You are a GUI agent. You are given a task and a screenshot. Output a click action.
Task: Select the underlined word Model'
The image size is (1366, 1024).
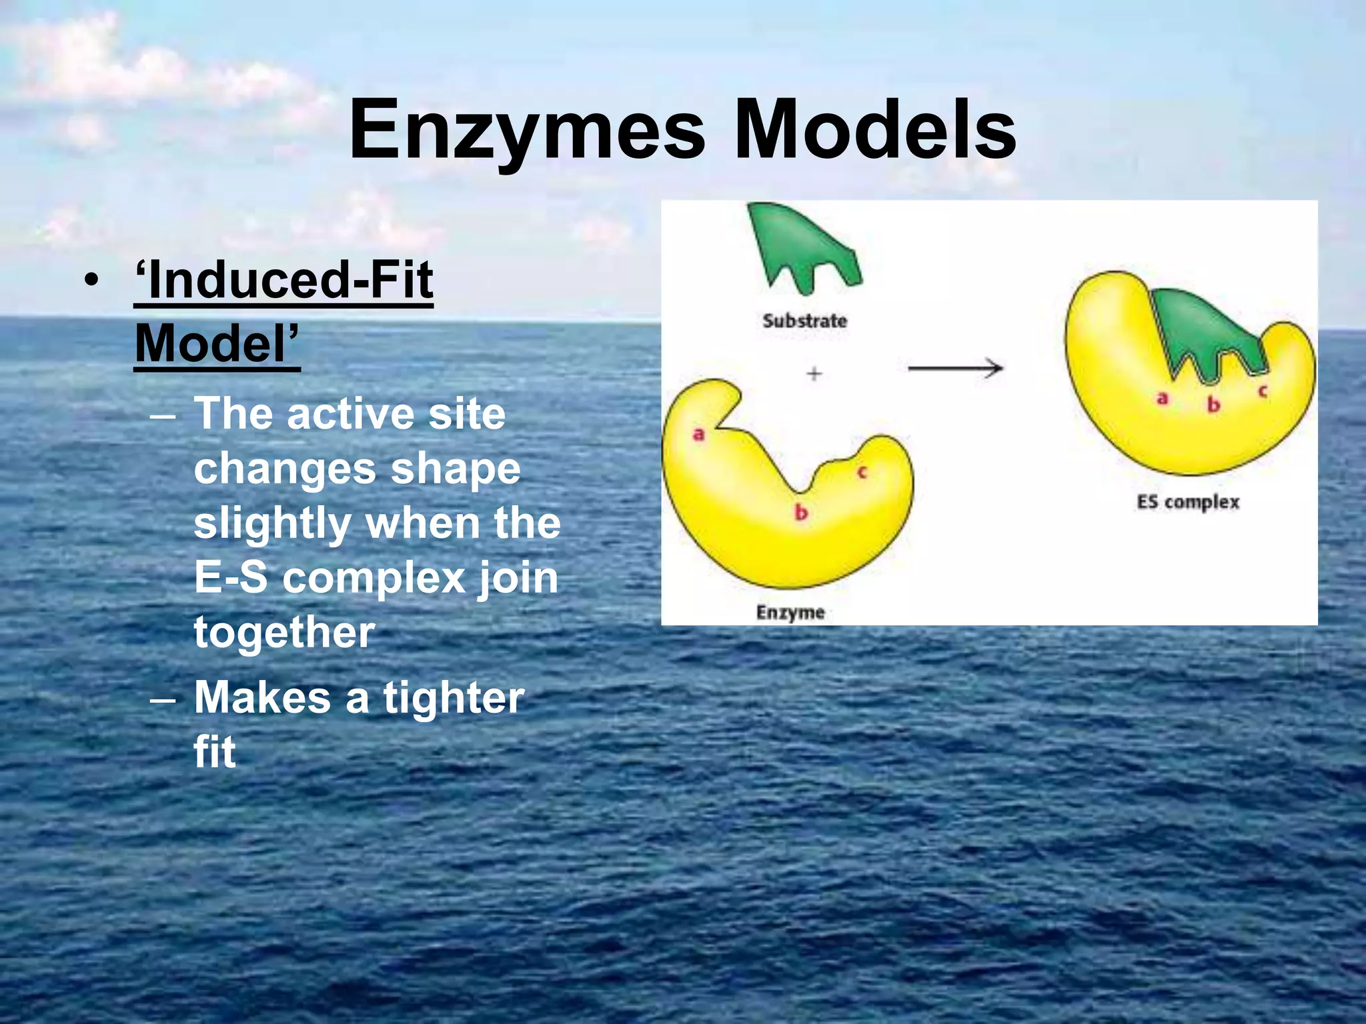pyautogui.click(x=217, y=343)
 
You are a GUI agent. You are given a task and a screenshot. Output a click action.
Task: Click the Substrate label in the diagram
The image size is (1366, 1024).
pyautogui.click(x=804, y=321)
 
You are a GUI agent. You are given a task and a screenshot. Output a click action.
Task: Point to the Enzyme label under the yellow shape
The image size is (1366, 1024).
pyautogui.click(x=790, y=612)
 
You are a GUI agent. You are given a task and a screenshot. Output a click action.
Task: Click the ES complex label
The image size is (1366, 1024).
pyautogui.click(x=1188, y=502)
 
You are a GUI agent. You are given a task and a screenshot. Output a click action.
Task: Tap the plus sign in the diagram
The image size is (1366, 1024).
pyautogui.click(x=814, y=373)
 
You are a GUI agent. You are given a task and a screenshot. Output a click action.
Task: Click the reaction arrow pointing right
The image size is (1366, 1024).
pyautogui.click(x=955, y=367)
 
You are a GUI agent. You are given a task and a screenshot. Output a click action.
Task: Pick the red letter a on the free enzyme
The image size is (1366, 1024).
pyautogui.click(x=698, y=435)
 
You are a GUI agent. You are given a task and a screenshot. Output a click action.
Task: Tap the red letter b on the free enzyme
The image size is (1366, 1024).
pyautogui.click(x=801, y=512)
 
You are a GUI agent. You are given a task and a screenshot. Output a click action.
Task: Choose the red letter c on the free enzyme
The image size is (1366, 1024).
pyautogui.click(x=862, y=473)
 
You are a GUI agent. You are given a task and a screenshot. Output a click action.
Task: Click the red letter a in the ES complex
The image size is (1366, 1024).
pyautogui.click(x=1163, y=399)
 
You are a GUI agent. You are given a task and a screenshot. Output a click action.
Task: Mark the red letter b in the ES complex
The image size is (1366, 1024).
pyautogui.click(x=1214, y=404)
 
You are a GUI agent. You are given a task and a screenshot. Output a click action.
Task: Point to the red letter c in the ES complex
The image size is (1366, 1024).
pyautogui.click(x=1263, y=392)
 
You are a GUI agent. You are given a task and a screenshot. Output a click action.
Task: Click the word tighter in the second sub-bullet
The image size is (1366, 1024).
pyautogui.click(x=454, y=698)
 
